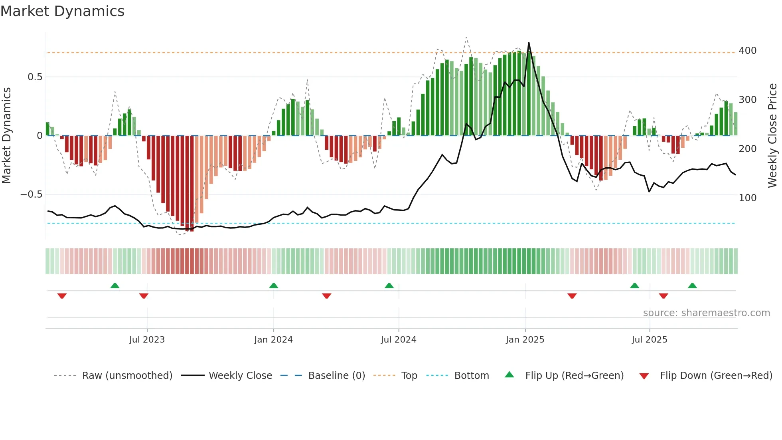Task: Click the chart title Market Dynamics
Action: coord(62,11)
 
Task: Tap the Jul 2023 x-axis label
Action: coord(147,340)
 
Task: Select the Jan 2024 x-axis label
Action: coord(273,340)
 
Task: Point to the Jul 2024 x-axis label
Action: coord(398,340)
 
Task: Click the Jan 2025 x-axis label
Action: coord(525,340)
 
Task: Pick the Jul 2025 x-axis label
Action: coord(649,340)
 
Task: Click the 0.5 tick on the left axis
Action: coord(35,77)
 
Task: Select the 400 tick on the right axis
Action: coord(747,51)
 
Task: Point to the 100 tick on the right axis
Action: coord(747,198)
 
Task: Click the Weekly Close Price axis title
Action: coord(772,136)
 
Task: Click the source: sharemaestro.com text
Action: coord(706,313)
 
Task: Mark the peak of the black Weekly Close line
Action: coord(529,43)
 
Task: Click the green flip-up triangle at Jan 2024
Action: coord(273,286)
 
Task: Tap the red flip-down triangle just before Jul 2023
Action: coord(144,296)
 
